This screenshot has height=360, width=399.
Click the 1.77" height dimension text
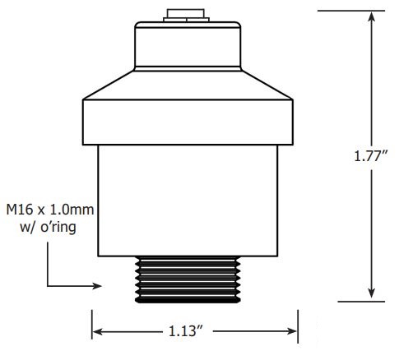(x=371, y=156)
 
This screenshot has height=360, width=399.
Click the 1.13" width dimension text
(x=186, y=331)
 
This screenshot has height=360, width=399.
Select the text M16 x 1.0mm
(x=50, y=210)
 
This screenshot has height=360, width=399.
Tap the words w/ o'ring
(x=48, y=227)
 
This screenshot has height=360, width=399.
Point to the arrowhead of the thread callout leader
(x=97, y=286)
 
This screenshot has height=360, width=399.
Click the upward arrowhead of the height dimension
(x=372, y=17)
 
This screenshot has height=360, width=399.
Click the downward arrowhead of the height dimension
(x=372, y=293)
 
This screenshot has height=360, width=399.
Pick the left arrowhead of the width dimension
(x=98, y=331)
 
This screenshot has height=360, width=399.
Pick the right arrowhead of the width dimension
(x=291, y=331)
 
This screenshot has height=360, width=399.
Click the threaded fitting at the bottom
(x=188, y=279)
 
